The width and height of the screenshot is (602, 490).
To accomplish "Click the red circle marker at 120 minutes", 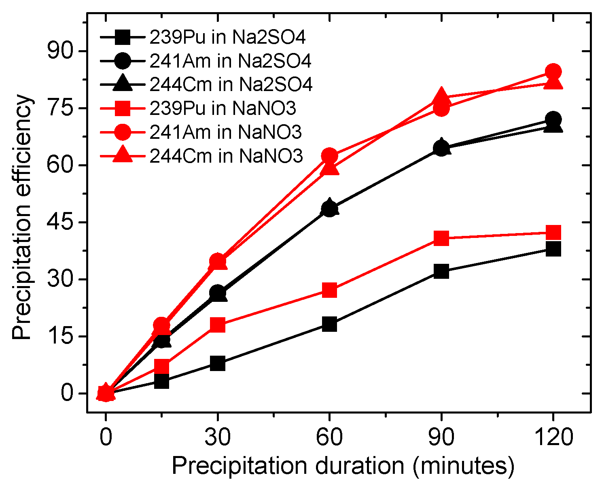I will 553,72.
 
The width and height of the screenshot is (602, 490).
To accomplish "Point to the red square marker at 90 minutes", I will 441,238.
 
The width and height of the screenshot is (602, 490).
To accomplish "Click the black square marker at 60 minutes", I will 330,324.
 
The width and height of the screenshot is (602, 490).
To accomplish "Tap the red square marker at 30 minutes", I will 218,325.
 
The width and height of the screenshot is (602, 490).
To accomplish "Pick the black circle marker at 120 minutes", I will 553,120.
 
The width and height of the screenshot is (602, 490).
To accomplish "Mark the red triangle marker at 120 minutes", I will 553,83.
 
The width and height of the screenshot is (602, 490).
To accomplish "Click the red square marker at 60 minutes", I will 330,290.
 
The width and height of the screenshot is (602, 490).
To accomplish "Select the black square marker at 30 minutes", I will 218,363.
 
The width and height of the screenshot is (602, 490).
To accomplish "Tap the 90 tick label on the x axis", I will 441,437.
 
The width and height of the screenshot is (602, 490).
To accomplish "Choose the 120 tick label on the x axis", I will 553,437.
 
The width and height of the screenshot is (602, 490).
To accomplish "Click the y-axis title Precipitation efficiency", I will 21,217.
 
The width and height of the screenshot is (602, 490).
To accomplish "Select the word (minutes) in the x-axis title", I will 464,466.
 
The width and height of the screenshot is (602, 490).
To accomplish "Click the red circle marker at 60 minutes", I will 330,156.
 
